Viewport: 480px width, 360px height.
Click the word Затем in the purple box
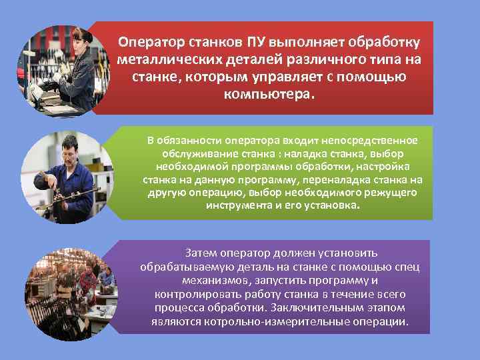(x=202, y=253)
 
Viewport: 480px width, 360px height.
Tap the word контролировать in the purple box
(x=193, y=294)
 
